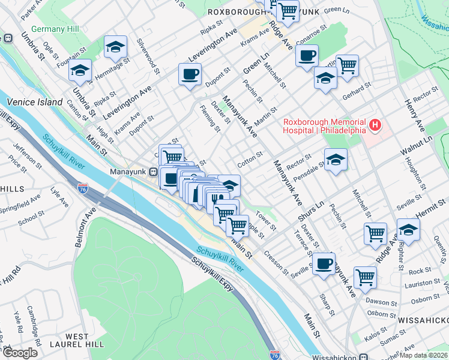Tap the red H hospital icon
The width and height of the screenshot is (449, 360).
click(375, 125)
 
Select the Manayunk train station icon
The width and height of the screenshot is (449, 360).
click(154, 172)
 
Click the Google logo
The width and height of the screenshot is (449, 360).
click(20, 353)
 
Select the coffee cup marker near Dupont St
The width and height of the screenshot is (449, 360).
click(190, 75)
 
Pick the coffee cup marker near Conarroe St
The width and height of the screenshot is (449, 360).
click(307, 56)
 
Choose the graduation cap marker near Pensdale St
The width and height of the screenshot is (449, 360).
click(336, 160)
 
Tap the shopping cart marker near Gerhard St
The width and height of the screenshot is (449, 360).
click(347, 65)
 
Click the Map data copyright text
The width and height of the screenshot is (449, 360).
click(424, 355)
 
